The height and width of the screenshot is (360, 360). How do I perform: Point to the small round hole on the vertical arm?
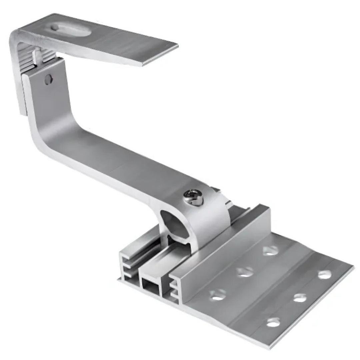[x=49, y=79]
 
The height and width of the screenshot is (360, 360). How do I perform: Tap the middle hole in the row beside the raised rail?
[x=245, y=272]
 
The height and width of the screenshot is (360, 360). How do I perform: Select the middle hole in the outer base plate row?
[x=300, y=298]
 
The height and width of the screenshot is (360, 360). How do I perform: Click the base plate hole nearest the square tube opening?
[x=217, y=295]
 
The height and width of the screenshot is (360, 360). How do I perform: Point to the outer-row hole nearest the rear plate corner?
[x=324, y=275]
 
